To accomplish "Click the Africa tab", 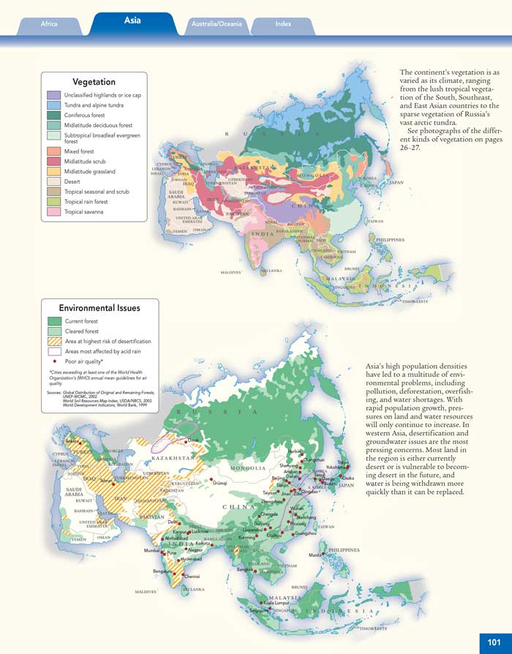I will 49,24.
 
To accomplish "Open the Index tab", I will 283,24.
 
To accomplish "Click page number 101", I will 493,642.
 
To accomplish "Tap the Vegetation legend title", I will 94,82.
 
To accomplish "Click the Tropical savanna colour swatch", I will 53,212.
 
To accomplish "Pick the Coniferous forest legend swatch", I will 53,115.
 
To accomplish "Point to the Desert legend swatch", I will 53,181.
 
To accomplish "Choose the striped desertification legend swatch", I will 53,342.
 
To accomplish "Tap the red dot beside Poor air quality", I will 54,361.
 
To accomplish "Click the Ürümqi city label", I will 222,483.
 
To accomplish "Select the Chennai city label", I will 192,576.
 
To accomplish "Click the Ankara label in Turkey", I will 72,441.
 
